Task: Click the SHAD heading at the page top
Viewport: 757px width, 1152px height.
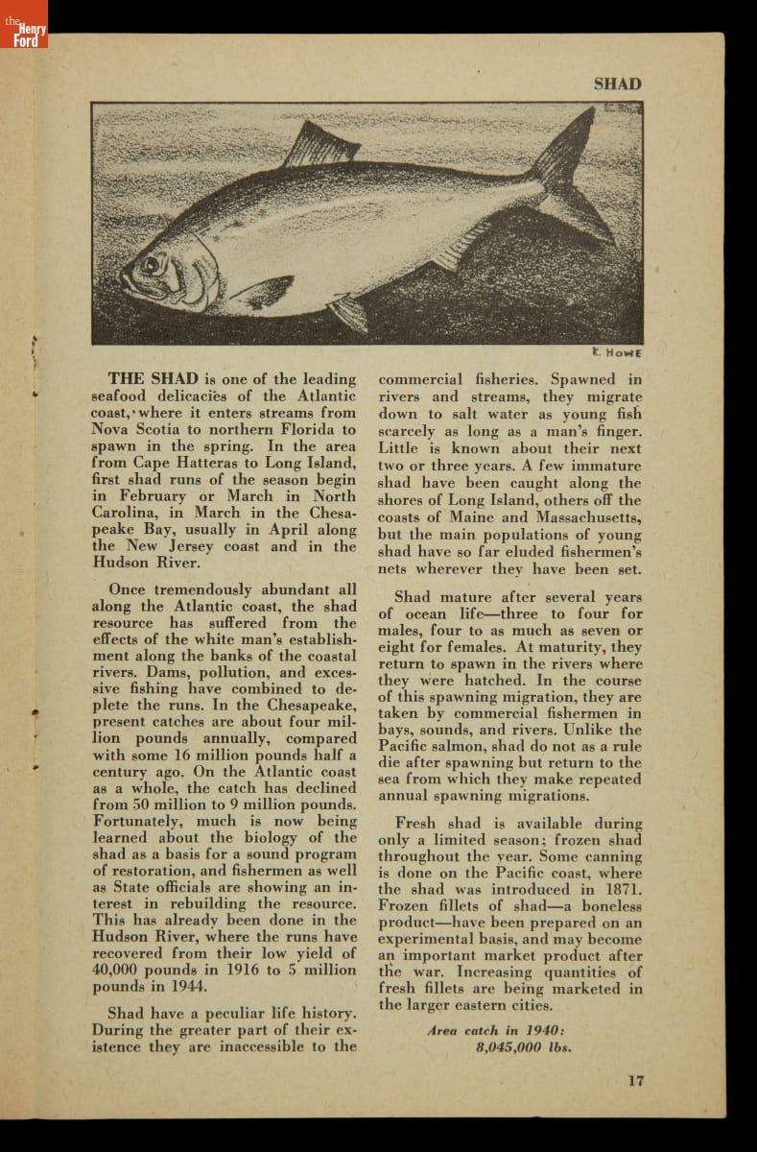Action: pyautogui.click(x=617, y=84)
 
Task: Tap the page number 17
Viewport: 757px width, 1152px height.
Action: pyautogui.click(x=635, y=1080)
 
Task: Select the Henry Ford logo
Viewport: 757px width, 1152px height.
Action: pyautogui.click(x=23, y=35)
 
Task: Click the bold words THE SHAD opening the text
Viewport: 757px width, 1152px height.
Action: pyautogui.click(x=154, y=378)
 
